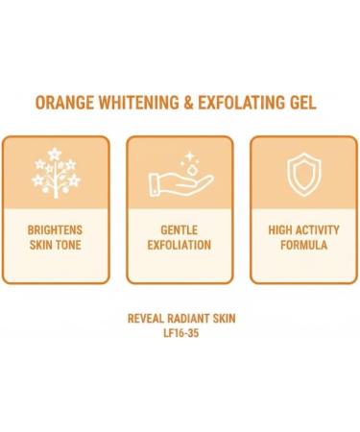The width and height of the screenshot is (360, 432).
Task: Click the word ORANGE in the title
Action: [x=66, y=103]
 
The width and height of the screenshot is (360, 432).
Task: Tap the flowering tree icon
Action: [x=55, y=173]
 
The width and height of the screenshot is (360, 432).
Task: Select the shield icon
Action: [x=303, y=174]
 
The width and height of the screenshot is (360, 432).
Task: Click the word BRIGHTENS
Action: [x=55, y=230]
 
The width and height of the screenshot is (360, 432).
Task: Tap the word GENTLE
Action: [x=180, y=230]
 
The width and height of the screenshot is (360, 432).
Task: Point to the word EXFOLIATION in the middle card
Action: [x=180, y=246]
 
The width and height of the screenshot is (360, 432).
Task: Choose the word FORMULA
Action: [x=303, y=246]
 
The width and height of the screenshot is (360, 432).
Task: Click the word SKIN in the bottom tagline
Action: [x=225, y=318]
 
